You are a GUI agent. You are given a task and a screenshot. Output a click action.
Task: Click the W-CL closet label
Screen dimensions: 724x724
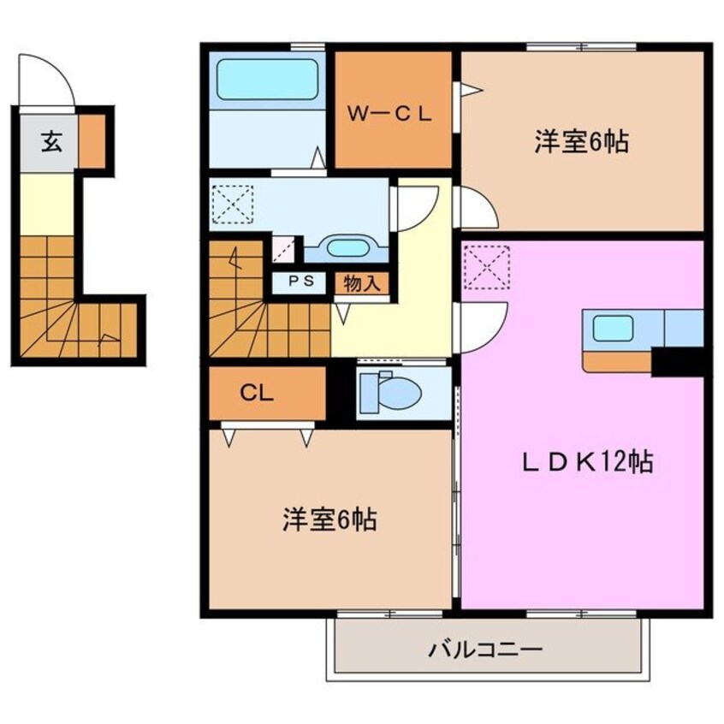click(393, 112)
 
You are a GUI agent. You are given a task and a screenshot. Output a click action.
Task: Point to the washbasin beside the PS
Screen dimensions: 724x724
click(346, 248)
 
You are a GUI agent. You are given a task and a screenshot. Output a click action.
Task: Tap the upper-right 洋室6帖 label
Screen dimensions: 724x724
click(582, 142)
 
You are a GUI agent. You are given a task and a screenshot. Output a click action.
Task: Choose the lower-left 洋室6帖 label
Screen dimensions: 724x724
click(329, 519)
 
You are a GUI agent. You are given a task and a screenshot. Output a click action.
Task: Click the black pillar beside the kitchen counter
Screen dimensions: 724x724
click(678, 362)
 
